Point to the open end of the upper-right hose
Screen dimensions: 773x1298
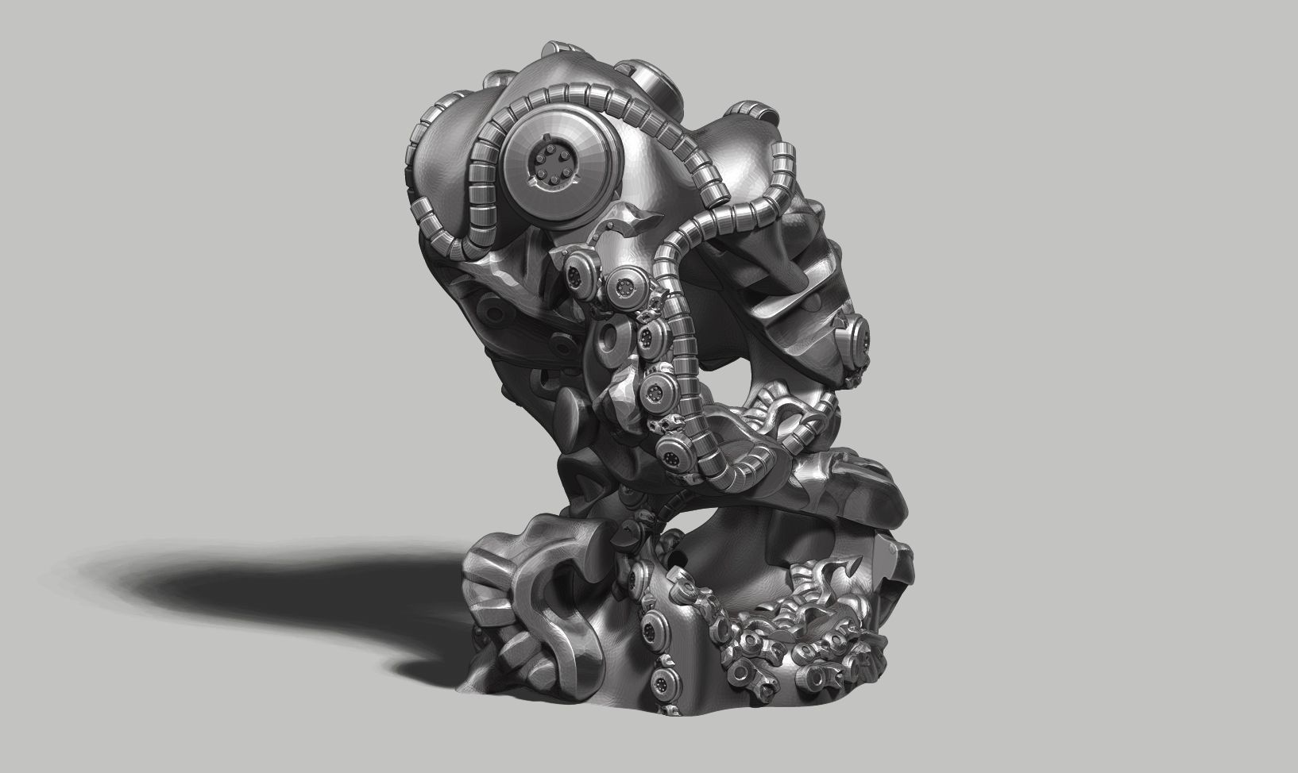(x=786, y=156)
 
